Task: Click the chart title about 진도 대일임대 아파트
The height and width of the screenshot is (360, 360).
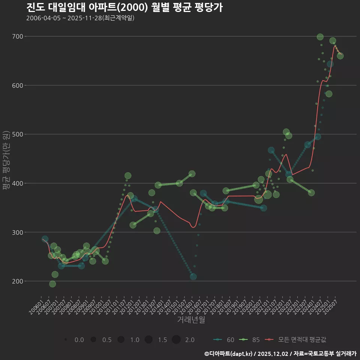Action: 124,7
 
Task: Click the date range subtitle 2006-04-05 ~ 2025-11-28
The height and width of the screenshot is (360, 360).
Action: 80,18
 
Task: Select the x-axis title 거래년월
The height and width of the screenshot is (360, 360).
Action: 191,320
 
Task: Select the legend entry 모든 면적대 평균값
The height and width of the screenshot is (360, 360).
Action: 296,340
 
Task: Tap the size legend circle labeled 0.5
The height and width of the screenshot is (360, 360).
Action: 93,340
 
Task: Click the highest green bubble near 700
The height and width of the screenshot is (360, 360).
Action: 320,37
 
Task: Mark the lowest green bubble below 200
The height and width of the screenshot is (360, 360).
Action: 52,284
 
